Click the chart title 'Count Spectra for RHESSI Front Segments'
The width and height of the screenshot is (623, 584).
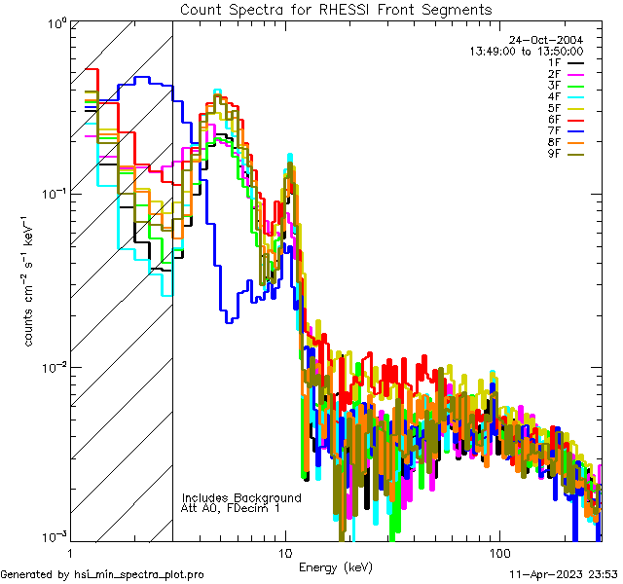pyautogui.click(x=336, y=9)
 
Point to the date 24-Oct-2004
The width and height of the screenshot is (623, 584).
pyautogui.click(x=550, y=40)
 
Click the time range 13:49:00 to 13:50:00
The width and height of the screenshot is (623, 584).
pyautogui.click(x=527, y=51)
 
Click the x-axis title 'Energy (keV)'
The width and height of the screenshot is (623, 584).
pyautogui.click(x=335, y=566)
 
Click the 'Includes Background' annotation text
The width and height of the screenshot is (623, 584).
pyautogui.click(x=241, y=497)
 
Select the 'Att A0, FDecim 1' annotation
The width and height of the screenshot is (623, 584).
pyautogui.click(x=231, y=508)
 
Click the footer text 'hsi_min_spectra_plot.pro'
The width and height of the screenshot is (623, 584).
pyautogui.click(x=138, y=574)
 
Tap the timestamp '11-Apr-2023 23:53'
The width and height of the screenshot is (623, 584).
pyautogui.click(x=564, y=574)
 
